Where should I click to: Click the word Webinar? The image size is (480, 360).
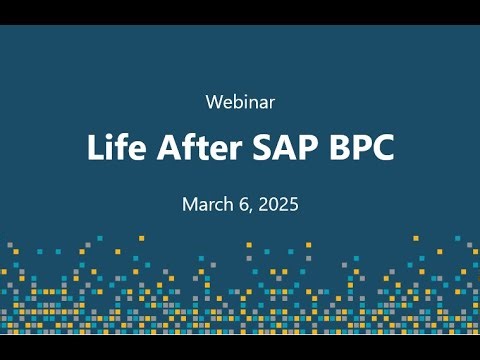pos(240,101)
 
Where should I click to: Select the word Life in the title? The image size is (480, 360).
pos(112,148)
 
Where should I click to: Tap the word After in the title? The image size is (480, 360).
pos(197,148)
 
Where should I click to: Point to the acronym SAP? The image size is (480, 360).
pos(286,148)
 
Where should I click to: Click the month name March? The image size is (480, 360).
pos(206,204)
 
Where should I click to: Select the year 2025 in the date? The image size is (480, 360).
pos(279,204)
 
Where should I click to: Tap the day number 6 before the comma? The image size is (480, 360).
pos(245,204)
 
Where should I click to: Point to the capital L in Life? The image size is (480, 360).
pos(94,148)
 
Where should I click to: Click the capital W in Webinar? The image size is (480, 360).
pos(212,101)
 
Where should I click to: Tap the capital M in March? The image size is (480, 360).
pos(189,204)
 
